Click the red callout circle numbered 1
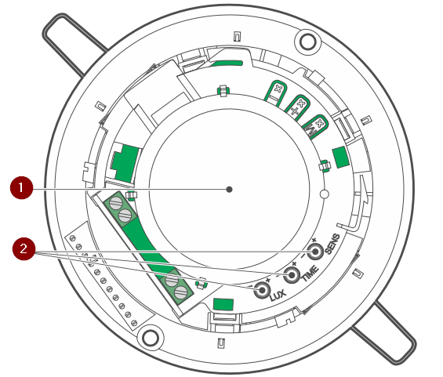pos(21,188)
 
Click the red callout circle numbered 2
pos(24,248)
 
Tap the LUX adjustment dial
pos(262,290)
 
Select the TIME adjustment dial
pos(292,275)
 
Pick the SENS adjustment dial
pos(315,252)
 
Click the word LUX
pos(278,295)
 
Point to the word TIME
pos(310,274)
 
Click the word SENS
pos(332,244)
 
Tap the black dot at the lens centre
pos(230,189)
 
